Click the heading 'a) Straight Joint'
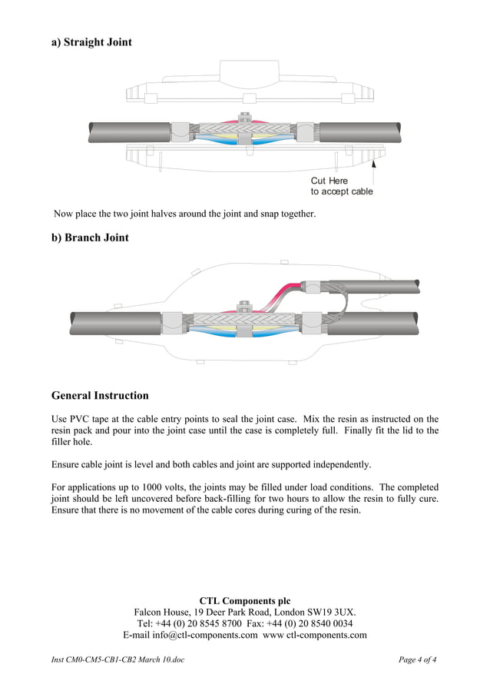[91, 42]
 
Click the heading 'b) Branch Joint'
[90, 237]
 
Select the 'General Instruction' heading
[100, 396]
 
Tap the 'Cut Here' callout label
[329, 181]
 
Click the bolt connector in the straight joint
[244, 120]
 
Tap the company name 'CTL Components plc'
[245, 600]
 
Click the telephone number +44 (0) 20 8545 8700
[199, 623]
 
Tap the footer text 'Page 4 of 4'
[418, 659]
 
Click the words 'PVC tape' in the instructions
[90, 418]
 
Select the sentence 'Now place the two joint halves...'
[184, 214]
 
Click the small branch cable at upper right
[384, 284]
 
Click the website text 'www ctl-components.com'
[315, 635]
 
